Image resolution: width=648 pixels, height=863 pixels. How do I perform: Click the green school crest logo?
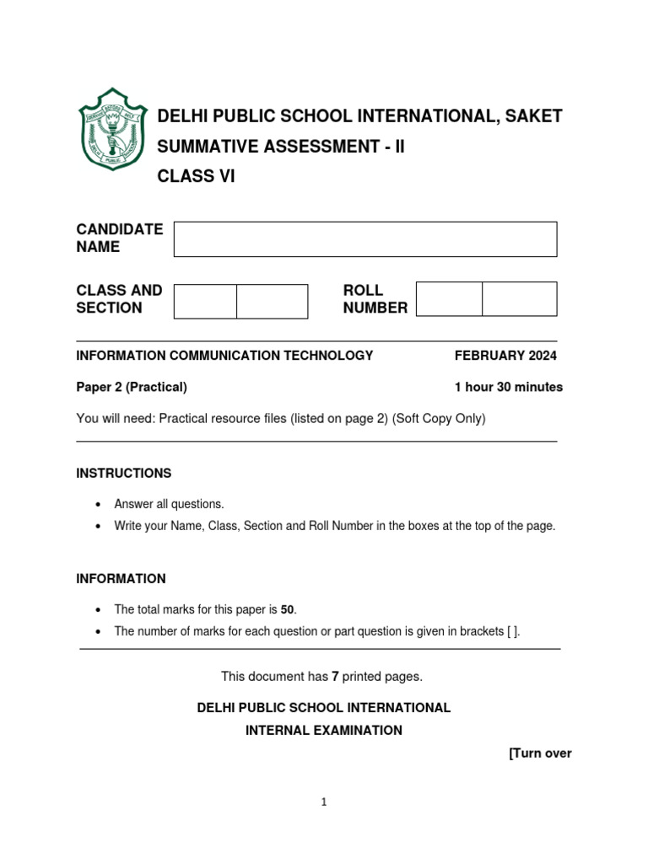(111, 128)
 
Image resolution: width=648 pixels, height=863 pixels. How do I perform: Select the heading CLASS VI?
(196, 177)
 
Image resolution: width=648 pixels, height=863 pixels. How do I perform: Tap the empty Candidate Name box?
(364, 239)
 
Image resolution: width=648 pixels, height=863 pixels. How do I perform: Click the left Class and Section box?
(205, 302)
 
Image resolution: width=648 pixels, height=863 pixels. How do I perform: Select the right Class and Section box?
(272, 302)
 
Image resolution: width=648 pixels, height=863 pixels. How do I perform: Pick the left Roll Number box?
(449, 299)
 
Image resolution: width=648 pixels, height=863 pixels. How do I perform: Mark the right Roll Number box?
(519, 299)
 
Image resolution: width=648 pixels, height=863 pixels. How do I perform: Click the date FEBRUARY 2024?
(505, 356)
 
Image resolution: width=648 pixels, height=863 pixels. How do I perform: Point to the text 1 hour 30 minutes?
(508, 388)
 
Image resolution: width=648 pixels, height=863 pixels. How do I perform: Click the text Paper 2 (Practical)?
(132, 388)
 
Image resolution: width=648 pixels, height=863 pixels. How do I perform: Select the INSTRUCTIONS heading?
(124, 474)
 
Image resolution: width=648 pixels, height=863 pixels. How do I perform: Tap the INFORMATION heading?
(121, 579)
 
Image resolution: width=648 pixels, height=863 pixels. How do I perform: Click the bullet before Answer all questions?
(99, 505)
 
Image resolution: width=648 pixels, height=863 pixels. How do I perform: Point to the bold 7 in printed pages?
(334, 677)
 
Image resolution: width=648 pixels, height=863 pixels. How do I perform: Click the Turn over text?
(540, 753)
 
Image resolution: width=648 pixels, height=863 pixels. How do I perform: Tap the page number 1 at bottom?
(323, 802)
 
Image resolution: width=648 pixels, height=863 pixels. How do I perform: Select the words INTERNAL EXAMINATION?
(324, 731)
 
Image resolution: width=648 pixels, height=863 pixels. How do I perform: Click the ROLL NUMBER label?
(375, 299)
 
